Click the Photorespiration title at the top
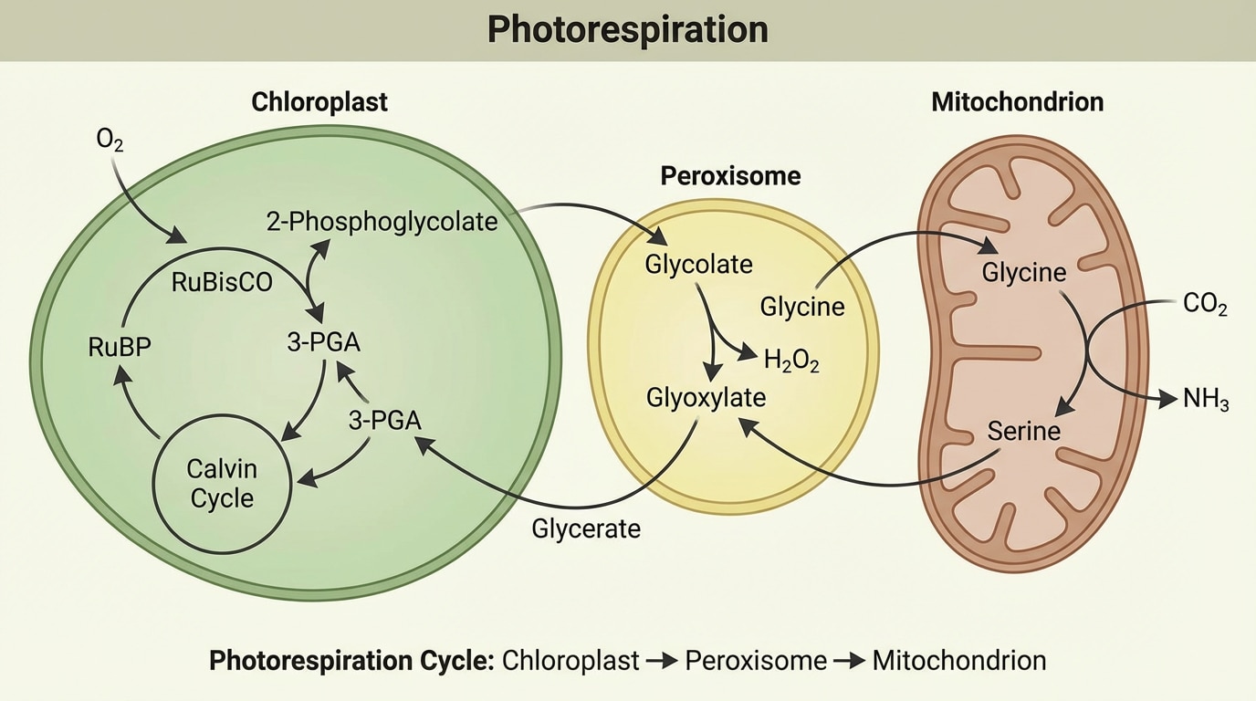pyautogui.click(x=627, y=29)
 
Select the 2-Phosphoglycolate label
pyautogui.click(x=382, y=221)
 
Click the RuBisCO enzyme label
pyautogui.click(x=222, y=282)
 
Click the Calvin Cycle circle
pyautogui.click(x=222, y=484)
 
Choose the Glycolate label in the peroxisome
pyautogui.click(x=698, y=265)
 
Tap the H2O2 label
pyautogui.click(x=791, y=361)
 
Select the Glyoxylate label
pyautogui.click(x=706, y=398)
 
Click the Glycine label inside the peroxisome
pyautogui.click(x=802, y=307)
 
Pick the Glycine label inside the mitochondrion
pyautogui.click(x=1024, y=272)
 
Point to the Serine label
pyautogui.click(x=1024, y=430)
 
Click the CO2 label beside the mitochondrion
pyautogui.click(x=1205, y=305)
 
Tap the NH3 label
pyautogui.click(x=1206, y=400)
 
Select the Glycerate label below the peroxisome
pyautogui.click(x=586, y=528)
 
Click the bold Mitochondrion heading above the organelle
pyautogui.click(x=1017, y=101)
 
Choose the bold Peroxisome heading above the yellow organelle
pyautogui.click(x=730, y=175)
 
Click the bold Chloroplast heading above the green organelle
pyautogui.click(x=319, y=101)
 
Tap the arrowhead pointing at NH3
pyautogui.click(x=1167, y=399)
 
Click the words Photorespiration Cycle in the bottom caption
pyautogui.click(x=351, y=661)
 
